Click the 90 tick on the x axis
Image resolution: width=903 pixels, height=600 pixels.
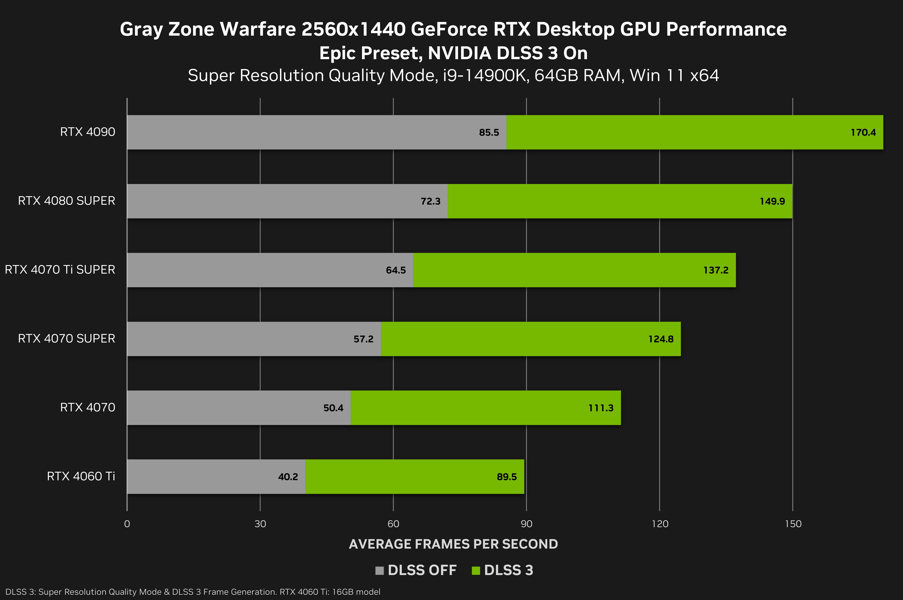tap(526, 524)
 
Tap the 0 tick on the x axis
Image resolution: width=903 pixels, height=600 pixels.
tap(127, 524)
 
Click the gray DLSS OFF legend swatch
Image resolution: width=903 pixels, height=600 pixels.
tap(379, 570)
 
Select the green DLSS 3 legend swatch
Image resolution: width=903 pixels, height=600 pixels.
tap(476, 570)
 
